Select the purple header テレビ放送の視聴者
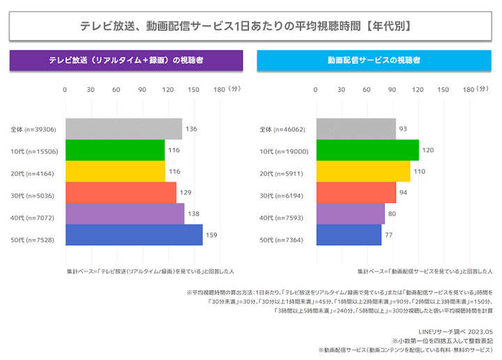coord(126,61)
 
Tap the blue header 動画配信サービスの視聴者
coord(374,61)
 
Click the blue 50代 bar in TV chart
coord(133,235)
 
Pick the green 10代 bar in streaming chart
coord(367,151)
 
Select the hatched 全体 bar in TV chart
coord(123,129)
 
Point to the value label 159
coord(211,235)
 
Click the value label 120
coord(429,151)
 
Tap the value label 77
coord(389,235)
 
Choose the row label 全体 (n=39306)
coord(34,130)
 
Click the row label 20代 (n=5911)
coord(284,172)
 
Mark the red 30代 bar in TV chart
coord(121,193)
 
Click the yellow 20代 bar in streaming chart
coord(363,172)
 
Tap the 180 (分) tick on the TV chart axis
coord(225,89)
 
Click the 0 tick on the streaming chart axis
coord(316,89)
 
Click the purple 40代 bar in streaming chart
coord(350,214)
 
